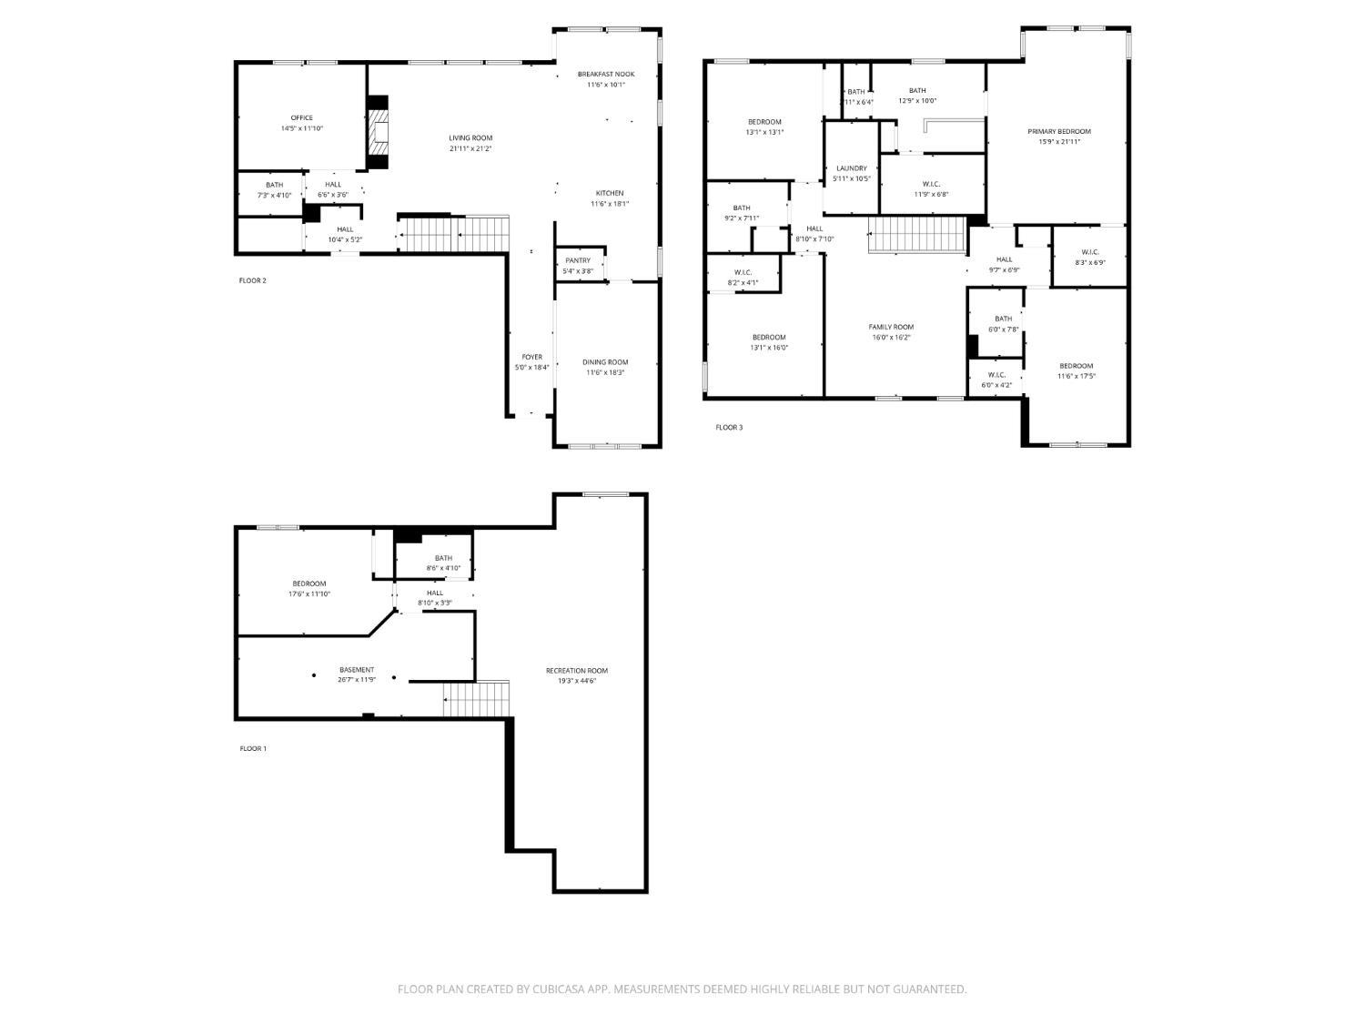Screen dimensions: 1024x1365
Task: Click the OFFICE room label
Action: click(x=301, y=117)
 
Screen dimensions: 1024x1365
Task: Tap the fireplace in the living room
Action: click(x=377, y=133)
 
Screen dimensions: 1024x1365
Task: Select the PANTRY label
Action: click(x=578, y=260)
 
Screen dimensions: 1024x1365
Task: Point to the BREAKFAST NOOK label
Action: click(x=606, y=74)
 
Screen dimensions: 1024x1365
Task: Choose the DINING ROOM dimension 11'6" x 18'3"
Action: click(x=605, y=372)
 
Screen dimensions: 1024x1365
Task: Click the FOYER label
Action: click(x=532, y=357)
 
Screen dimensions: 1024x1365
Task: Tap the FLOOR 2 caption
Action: click(x=252, y=280)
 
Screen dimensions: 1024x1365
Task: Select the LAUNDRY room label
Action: click(x=852, y=168)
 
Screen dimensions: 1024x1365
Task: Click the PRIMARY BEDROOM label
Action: click(x=1059, y=131)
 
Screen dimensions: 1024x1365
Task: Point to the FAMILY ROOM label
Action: click(x=891, y=327)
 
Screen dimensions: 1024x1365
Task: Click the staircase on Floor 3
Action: click(x=916, y=235)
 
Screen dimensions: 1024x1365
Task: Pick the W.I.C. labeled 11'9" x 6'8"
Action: click(x=931, y=194)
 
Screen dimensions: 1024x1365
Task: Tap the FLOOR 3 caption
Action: click(x=729, y=427)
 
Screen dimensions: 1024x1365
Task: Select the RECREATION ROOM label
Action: click(x=577, y=670)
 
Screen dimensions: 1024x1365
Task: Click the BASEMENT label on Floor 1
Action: click(x=357, y=669)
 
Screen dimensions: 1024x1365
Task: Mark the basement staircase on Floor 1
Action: click(x=477, y=699)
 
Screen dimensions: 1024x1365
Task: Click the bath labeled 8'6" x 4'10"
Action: click(x=443, y=568)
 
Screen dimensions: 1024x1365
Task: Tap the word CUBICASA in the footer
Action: click(x=558, y=989)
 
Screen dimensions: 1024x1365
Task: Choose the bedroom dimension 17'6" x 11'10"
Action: click(x=309, y=593)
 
